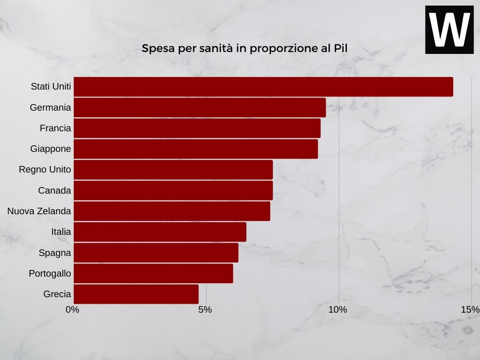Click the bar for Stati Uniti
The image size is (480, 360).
(x=263, y=87)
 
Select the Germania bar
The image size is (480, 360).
(x=200, y=107)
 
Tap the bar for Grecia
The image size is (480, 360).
(x=136, y=294)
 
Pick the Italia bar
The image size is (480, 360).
(x=160, y=232)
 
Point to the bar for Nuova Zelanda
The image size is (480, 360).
(x=172, y=211)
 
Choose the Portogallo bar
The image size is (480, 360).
(x=153, y=273)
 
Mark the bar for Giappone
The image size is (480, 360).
(x=195, y=149)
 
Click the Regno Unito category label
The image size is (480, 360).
(x=45, y=170)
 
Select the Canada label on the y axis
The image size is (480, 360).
(x=54, y=190)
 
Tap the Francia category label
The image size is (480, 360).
(x=55, y=128)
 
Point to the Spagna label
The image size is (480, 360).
(x=55, y=253)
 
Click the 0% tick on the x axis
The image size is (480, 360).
(x=73, y=309)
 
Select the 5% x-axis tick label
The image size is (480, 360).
(x=205, y=309)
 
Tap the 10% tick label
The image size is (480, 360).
(x=337, y=309)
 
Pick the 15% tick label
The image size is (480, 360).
(x=470, y=309)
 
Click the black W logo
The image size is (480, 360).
(x=449, y=30)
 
